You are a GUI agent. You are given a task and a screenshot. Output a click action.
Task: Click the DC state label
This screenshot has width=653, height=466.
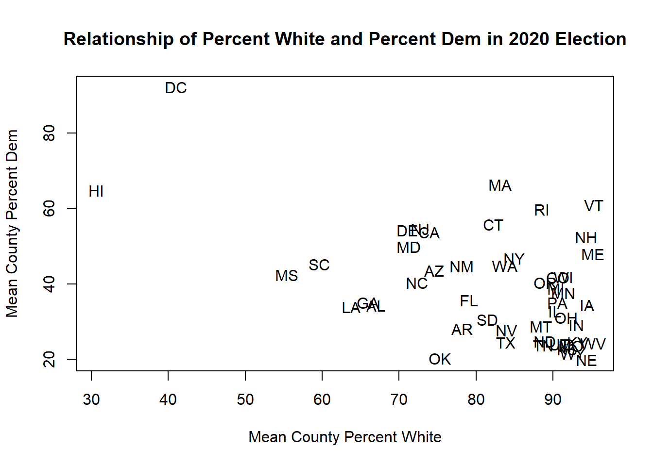click(176, 88)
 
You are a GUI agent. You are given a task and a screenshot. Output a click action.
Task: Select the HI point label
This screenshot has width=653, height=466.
click(96, 192)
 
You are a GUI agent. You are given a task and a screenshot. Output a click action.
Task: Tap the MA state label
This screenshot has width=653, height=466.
click(500, 186)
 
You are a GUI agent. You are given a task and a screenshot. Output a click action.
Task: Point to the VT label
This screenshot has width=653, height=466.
click(593, 206)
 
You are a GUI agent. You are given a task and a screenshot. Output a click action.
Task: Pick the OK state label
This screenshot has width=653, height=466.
click(440, 360)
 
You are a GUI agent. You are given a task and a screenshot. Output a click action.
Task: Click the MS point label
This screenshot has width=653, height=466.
click(286, 276)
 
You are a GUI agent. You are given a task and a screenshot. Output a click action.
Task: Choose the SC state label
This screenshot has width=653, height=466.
click(319, 266)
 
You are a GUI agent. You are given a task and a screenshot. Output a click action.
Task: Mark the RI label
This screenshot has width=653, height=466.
click(541, 211)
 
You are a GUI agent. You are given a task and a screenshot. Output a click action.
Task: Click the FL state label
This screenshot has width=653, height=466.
click(469, 301)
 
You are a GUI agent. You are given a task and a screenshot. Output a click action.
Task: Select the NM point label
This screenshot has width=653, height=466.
click(461, 267)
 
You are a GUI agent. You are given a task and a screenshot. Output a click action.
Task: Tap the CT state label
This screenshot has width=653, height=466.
click(493, 226)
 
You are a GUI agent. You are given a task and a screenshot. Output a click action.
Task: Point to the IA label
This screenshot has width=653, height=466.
click(587, 306)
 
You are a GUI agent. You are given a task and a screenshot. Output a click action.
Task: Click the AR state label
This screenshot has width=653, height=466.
click(462, 330)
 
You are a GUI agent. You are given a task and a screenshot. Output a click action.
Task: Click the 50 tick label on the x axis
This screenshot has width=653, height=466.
click(245, 400)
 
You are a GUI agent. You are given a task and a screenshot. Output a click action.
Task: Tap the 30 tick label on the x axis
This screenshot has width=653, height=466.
click(91, 400)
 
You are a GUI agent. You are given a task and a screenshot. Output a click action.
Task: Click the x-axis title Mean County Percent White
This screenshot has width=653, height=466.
click(345, 437)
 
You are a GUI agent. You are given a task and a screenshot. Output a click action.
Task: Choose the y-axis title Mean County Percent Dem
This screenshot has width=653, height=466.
click(12, 223)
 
